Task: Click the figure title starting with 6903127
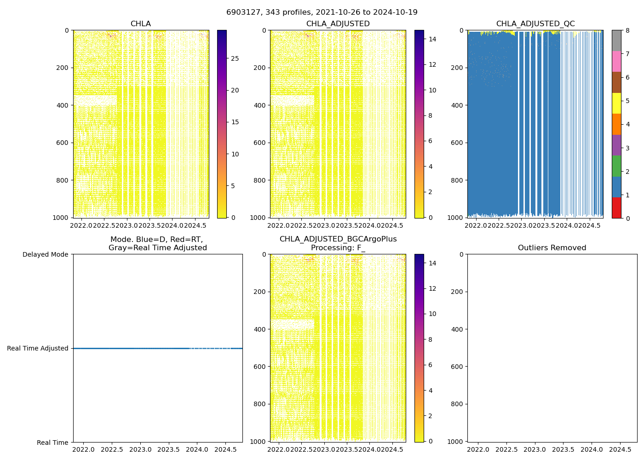[322, 12]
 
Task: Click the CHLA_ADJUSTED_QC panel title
[535, 24]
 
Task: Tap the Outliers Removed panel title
[552, 248]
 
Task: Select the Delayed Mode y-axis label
[45, 254]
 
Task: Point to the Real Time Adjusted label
[37, 348]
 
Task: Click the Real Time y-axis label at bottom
[52, 443]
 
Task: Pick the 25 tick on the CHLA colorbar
[235, 58]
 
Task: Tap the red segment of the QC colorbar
[616, 207]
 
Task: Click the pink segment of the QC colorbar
[616, 61]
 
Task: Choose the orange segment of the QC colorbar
[616, 124]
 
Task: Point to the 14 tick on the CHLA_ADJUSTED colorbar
[432, 39]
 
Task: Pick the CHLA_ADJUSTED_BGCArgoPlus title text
[338, 239]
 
